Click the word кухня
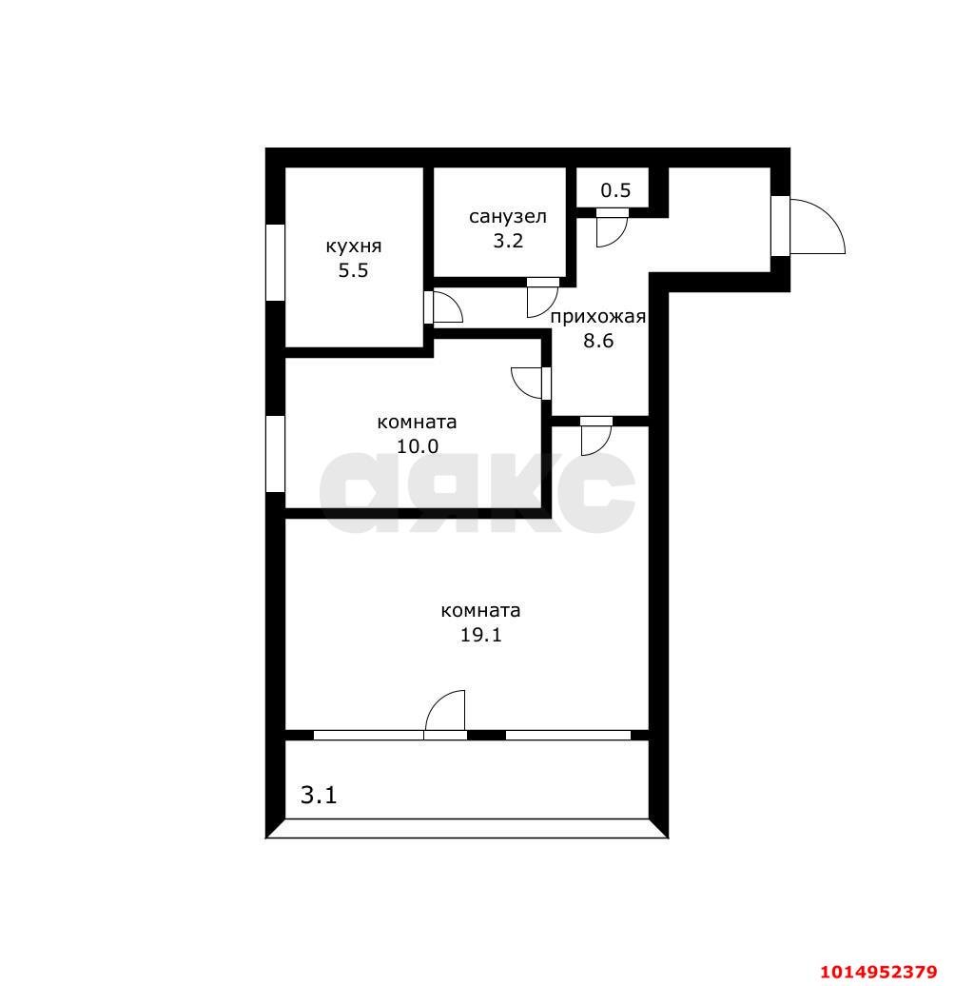click(x=353, y=246)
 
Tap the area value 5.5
click(x=353, y=271)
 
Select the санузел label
click(x=508, y=217)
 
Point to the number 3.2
click(x=508, y=241)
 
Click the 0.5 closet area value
click(x=615, y=190)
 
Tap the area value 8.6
click(x=598, y=341)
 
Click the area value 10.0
click(x=418, y=446)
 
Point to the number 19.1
click(x=480, y=635)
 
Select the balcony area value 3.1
click(x=319, y=796)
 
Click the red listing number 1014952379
click(x=878, y=972)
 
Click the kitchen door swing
click(x=455, y=300)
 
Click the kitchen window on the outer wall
click(x=275, y=263)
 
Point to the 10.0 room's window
click(x=275, y=453)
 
